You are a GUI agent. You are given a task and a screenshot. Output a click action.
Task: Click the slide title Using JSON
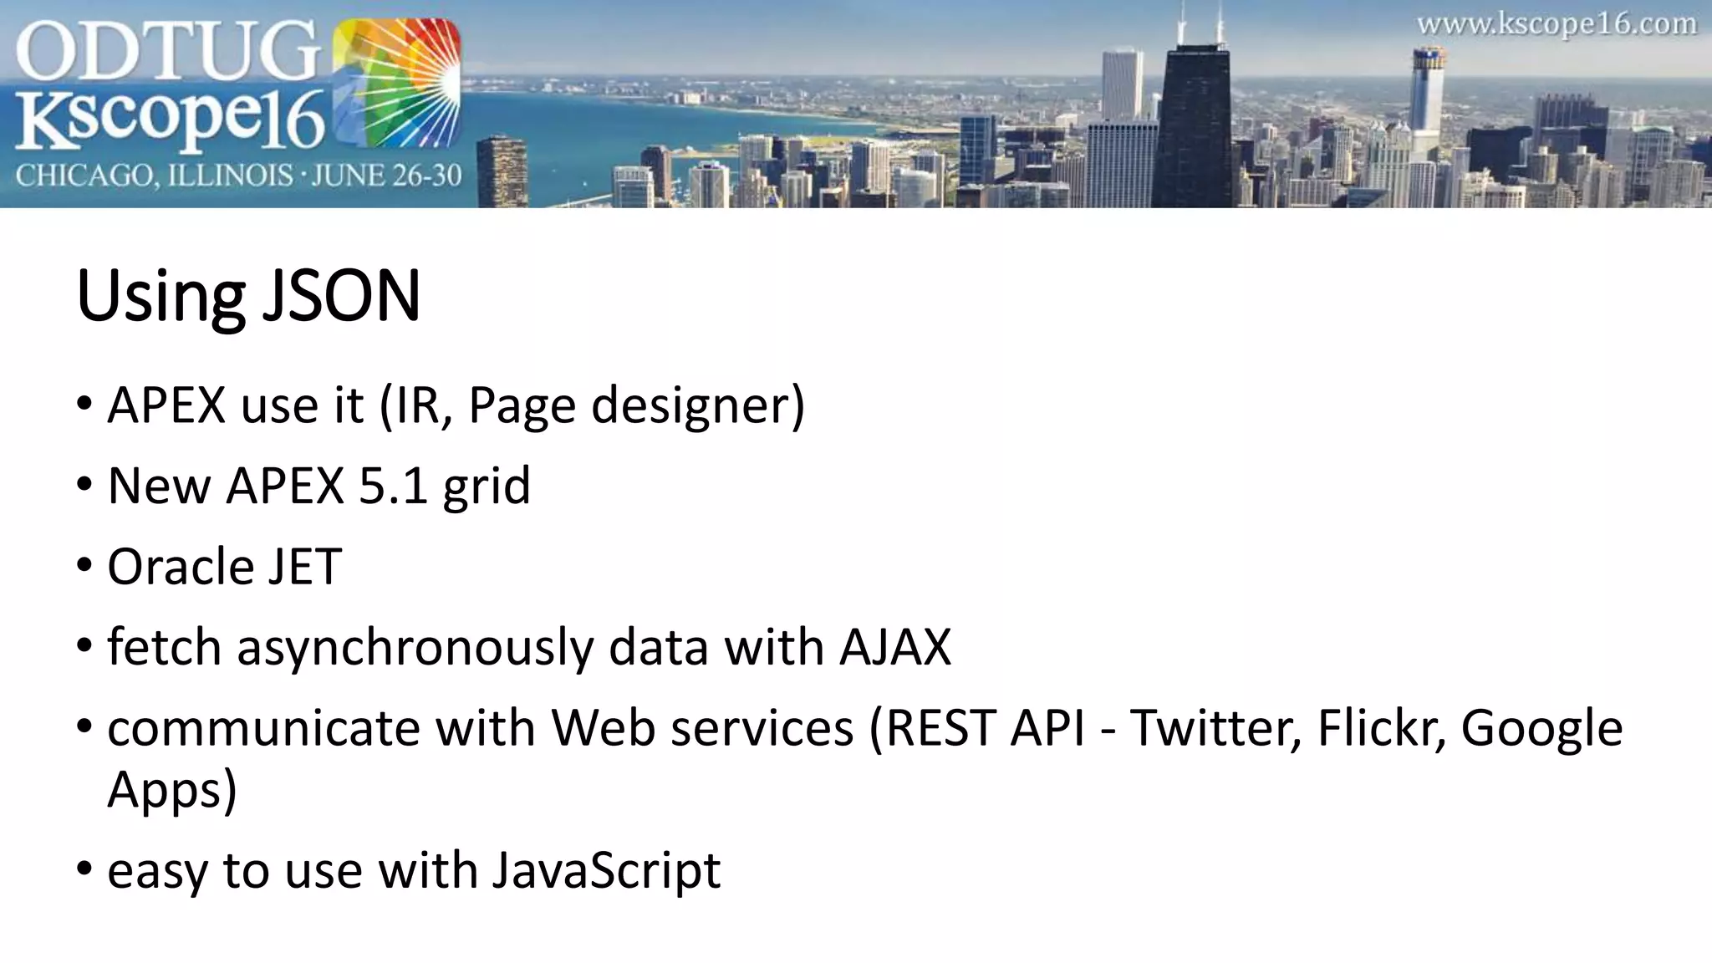pos(248,296)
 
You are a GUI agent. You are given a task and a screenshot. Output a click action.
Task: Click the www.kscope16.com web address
pos(1556,23)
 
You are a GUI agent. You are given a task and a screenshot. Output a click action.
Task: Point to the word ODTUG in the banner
pos(167,52)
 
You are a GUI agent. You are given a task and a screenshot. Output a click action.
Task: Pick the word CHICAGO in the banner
pos(83,176)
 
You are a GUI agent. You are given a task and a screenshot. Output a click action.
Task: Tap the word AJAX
pos(895,647)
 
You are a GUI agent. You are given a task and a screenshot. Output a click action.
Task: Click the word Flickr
pos(1382,728)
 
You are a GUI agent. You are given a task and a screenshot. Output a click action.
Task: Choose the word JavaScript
pos(605,871)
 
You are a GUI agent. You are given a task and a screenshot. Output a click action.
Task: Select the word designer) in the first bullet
pos(697,406)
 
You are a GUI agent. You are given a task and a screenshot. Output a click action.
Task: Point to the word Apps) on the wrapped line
pos(172,789)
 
